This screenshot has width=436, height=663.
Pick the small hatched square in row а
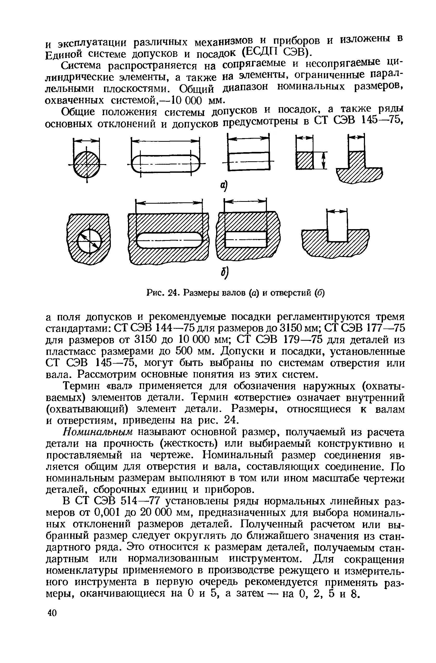click(x=304, y=160)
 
